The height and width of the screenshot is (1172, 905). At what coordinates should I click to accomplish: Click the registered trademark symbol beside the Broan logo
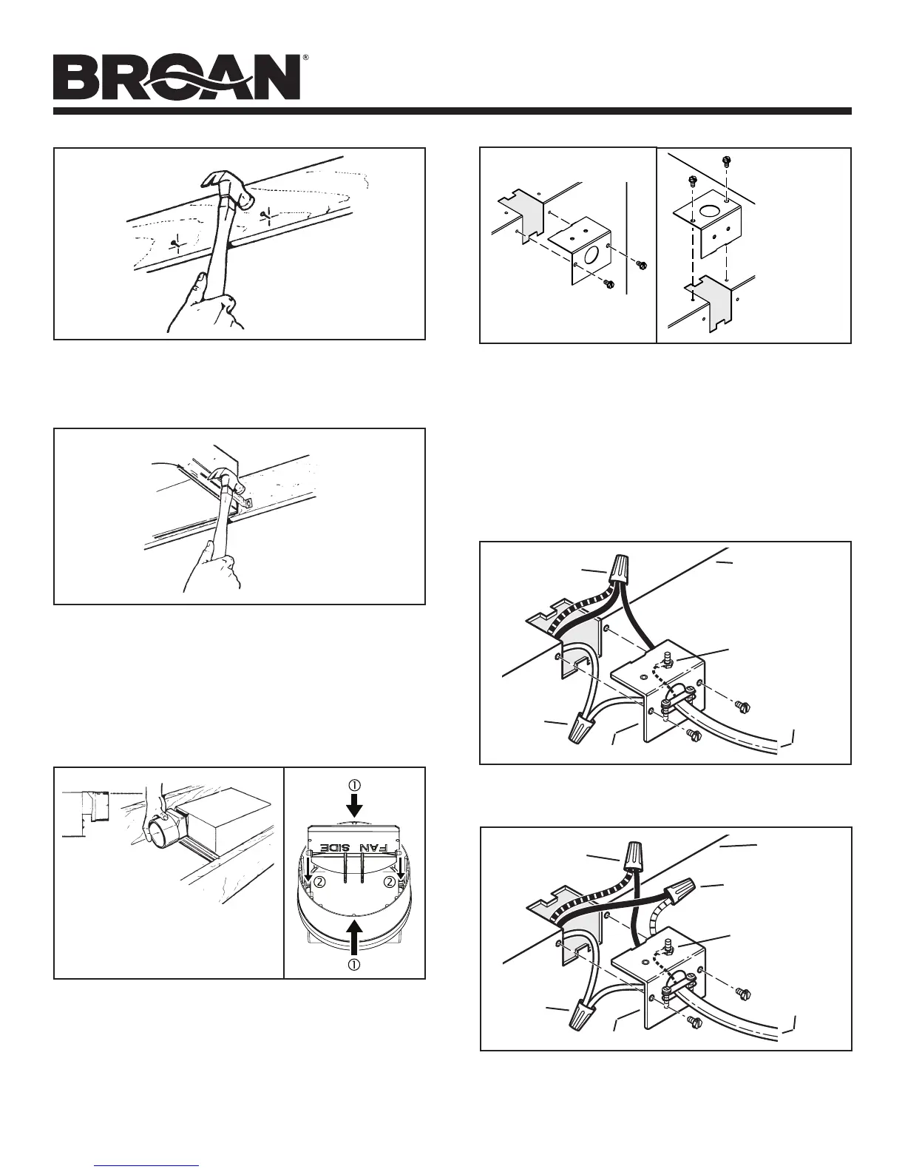[305, 58]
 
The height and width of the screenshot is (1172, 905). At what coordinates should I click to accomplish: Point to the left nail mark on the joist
[174, 242]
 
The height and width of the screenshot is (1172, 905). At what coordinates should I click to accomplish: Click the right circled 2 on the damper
[388, 882]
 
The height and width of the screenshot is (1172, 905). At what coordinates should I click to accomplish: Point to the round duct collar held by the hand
[160, 829]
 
